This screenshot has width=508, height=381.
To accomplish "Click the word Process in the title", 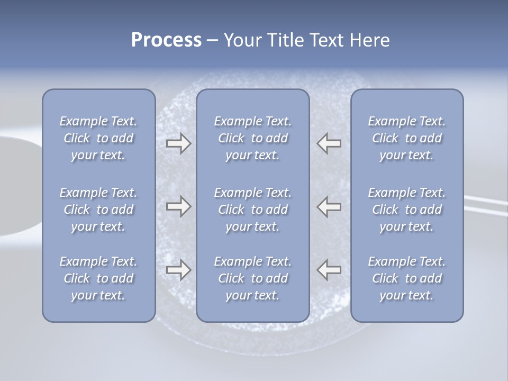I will click(166, 40).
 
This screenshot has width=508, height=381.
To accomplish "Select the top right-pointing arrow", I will click(178, 143).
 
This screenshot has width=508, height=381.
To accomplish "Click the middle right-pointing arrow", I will click(178, 206).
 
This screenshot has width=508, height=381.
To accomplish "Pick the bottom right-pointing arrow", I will click(178, 270).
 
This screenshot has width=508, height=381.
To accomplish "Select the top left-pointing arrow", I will click(329, 143).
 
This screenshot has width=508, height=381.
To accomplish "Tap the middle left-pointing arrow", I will click(329, 206).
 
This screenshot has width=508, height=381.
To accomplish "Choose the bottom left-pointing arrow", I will click(329, 270).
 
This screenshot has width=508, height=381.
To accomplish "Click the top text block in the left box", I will click(98, 138).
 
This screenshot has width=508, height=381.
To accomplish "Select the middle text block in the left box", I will click(98, 210).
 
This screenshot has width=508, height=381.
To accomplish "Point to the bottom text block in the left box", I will click(98, 278).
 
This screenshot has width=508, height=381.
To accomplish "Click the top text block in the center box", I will click(252, 138).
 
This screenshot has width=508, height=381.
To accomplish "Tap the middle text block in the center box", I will click(252, 210).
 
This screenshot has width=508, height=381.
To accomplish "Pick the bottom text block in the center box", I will click(252, 278).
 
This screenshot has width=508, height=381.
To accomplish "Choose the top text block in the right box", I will click(406, 138).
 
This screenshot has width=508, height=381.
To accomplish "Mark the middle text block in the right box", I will click(406, 210).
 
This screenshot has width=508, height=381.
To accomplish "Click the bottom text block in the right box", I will click(406, 278).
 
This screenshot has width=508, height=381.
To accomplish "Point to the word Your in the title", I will click(241, 40).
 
